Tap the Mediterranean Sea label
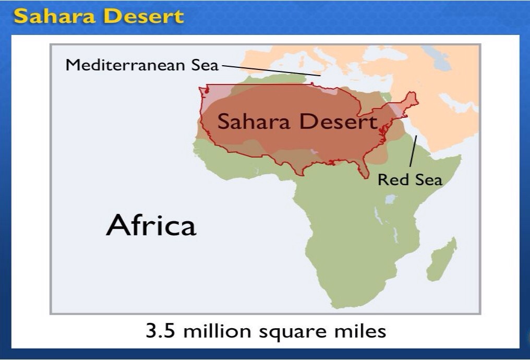click(142, 65)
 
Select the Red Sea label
click(409, 180)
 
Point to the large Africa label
click(151, 225)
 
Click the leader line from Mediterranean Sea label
click(271, 70)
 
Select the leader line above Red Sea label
click(413, 151)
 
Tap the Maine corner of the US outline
click(413, 97)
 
